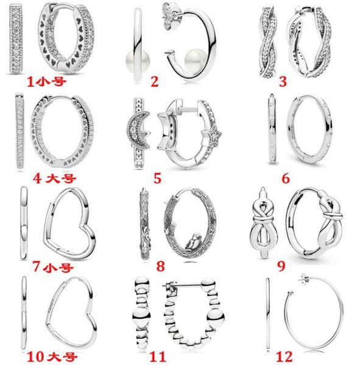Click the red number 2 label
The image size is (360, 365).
coord(154,82)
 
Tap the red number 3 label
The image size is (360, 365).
coord(283,82)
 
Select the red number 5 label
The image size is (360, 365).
coord(157,178)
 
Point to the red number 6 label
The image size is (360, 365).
coord(286,178)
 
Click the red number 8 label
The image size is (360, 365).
coord(160,266)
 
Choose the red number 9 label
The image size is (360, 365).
coord(281,266)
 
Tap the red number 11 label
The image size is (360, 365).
coord(158,356)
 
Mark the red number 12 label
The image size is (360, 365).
coord(284,356)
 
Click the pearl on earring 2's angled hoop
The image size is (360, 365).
coord(192,61)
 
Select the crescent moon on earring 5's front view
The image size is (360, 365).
coord(138,130)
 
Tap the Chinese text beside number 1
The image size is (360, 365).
coord(52,82)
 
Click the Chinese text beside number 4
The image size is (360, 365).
coord(61,178)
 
